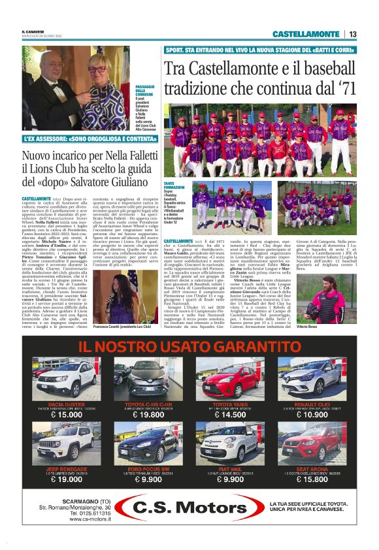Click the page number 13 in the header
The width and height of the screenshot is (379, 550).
(x=352, y=34)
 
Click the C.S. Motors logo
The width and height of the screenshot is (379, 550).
(x=189, y=509)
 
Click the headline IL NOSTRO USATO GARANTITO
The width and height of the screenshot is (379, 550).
(x=189, y=346)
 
